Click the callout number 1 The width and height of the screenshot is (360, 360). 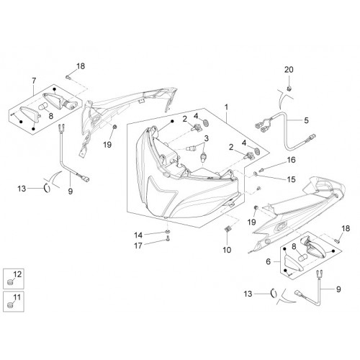(226, 107)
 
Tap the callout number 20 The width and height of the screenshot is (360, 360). (289, 70)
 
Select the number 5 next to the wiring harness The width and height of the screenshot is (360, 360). (306, 120)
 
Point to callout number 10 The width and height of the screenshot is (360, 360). (227, 250)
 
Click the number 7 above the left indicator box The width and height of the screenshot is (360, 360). (34, 81)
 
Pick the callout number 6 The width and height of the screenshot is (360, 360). (268, 261)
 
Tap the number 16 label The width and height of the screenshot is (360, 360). (291, 160)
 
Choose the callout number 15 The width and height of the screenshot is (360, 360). (291, 179)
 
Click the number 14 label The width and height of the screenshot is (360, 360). (138, 235)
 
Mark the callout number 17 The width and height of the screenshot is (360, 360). (138, 246)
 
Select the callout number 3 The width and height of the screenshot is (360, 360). (207, 138)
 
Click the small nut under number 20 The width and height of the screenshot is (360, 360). (289, 89)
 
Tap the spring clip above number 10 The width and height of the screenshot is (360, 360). (228, 229)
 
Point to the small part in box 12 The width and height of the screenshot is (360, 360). (10, 282)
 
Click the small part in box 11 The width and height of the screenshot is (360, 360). (10, 305)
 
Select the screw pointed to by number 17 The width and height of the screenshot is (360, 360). (168, 239)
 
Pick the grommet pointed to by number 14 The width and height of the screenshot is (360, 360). (167, 231)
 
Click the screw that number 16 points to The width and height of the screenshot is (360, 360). (261, 170)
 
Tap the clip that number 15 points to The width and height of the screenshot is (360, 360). (256, 174)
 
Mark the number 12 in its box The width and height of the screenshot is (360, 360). (17, 274)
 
